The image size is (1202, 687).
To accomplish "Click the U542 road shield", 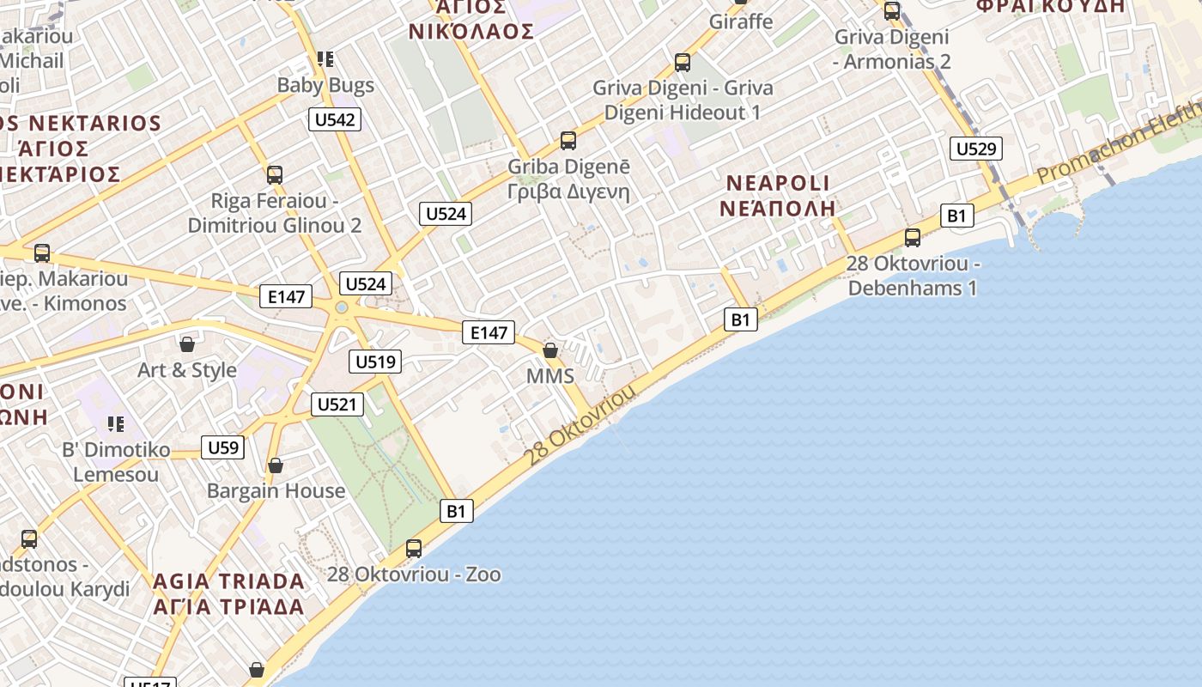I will click(x=335, y=119).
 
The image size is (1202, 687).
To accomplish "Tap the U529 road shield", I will click(x=976, y=149).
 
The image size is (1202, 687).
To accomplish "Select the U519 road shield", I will click(x=375, y=362).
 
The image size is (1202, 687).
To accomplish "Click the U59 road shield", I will click(x=222, y=447).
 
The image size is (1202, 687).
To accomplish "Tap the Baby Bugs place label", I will click(x=325, y=85).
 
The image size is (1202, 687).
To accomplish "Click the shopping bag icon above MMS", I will click(x=550, y=350).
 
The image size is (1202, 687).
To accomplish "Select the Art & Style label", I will click(x=187, y=370).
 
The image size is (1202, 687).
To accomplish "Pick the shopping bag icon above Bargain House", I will click(x=276, y=465).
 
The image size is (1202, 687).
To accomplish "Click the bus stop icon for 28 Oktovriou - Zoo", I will click(x=414, y=548).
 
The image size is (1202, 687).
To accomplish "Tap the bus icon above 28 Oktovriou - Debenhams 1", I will click(x=913, y=238).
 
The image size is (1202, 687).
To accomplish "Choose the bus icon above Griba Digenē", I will click(x=568, y=141).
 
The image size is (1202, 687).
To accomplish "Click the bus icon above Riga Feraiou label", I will click(x=275, y=175).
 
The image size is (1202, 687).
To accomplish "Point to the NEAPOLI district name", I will click(x=779, y=183).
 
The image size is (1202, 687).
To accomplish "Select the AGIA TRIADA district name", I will click(x=228, y=581).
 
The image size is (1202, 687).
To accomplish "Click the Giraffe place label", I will click(x=741, y=21).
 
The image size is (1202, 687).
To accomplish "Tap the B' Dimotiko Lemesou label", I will click(x=116, y=462).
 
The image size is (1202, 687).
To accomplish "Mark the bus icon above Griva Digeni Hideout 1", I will click(x=683, y=63).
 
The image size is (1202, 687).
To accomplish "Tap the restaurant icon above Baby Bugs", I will click(x=325, y=59).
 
